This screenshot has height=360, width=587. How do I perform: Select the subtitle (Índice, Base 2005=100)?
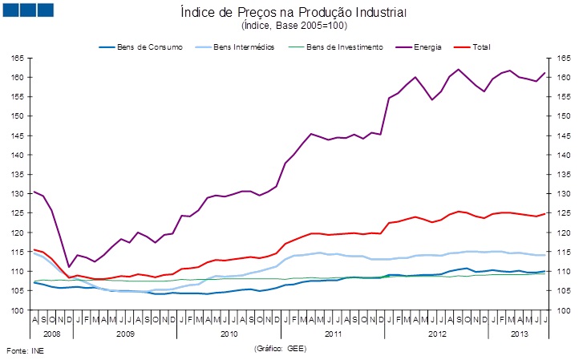pyautogui.click(x=294, y=26)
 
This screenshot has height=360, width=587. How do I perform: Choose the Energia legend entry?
pyautogui.click(x=427, y=47)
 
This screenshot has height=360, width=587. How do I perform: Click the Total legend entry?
pyautogui.click(x=481, y=47)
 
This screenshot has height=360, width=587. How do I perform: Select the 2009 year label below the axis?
pyautogui.click(x=124, y=332)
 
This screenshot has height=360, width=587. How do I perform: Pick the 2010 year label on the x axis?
pyautogui.click(x=229, y=332)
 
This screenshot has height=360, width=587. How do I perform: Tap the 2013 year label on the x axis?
pyautogui.click(x=520, y=332)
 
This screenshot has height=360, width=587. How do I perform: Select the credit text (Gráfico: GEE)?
pyautogui.click(x=280, y=349)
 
